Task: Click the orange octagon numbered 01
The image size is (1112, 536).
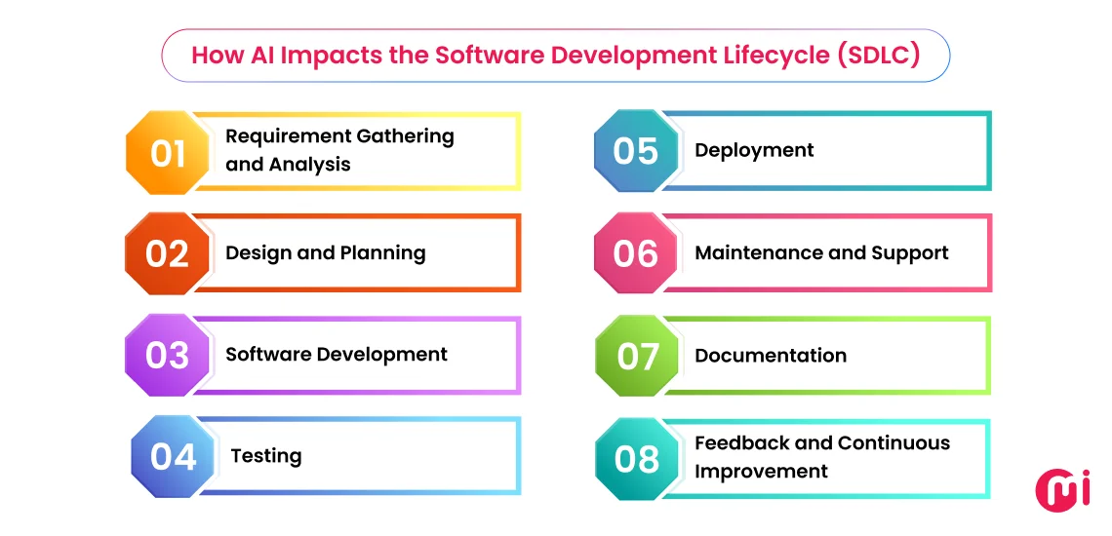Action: tap(168, 153)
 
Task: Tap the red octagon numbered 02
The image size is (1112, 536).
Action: tap(167, 253)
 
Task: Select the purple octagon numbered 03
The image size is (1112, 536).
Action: tap(167, 355)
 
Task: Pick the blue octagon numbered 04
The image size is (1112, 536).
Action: tap(173, 456)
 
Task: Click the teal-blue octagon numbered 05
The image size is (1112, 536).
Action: tap(636, 151)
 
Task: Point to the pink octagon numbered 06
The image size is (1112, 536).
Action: tap(636, 253)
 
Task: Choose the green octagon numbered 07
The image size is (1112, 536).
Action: tap(637, 356)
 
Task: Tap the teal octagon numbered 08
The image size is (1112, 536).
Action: tap(637, 458)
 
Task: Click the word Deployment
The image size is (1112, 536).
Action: tap(754, 150)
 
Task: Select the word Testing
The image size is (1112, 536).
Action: tap(266, 456)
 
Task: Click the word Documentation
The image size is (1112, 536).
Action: tap(771, 356)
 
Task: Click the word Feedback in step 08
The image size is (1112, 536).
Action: tap(742, 443)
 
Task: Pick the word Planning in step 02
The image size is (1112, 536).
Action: tap(382, 253)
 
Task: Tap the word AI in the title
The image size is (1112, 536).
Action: tap(257, 55)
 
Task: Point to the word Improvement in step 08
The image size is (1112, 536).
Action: tap(761, 472)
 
